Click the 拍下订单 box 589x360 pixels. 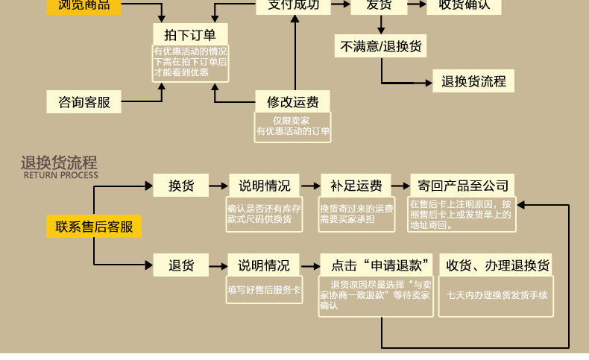pos(190,34)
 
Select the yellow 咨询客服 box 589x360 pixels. pos(83,101)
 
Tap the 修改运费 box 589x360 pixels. pos(293,101)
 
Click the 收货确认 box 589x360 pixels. pos(464,4)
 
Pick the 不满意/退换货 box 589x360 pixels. pos(381,46)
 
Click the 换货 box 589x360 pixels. pos(181,186)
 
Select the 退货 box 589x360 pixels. pos(181,265)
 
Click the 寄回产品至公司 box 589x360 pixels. pos(463,186)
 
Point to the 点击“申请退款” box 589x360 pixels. pos(377,265)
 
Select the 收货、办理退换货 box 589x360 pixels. pos(497,265)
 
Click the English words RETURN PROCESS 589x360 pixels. pos(60,175)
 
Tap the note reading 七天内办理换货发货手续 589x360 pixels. pos(497,294)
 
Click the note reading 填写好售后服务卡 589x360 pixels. pos(265,289)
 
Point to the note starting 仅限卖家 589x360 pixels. pos(293,126)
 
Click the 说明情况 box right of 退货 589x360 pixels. pos(265,265)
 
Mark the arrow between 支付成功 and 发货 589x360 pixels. pos(341,4)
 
